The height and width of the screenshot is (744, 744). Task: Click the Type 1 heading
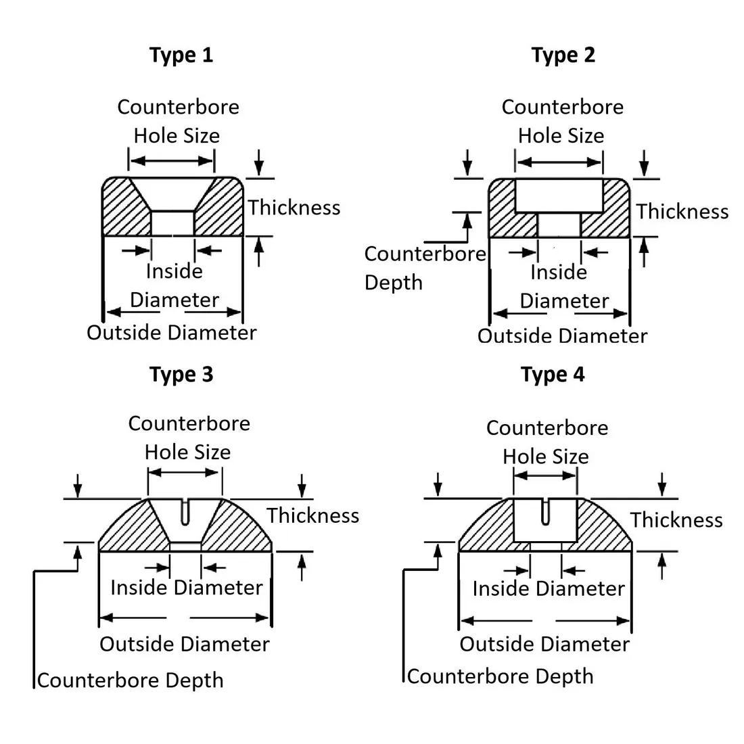pyautogui.click(x=181, y=55)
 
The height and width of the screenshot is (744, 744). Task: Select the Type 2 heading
pyautogui.click(x=563, y=55)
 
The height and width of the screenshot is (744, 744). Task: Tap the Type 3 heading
pyautogui.click(x=181, y=374)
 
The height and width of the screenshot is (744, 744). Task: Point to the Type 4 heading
pyautogui.click(x=553, y=374)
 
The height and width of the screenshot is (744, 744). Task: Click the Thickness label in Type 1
pyautogui.click(x=294, y=208)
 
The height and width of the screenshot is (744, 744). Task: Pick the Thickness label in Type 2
pyautogui.click(x=682, y=212)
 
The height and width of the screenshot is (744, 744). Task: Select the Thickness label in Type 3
pyautogui.click(x=313, y=515)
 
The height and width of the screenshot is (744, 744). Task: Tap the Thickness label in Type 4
pyautogui.click(x=676, y=520)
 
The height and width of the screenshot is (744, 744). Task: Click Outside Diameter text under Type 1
pyautogui.click(x=172, y=333)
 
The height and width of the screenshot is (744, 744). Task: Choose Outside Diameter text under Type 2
pyautogui.click(x=563, y=336)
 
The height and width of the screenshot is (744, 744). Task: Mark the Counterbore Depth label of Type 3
pyautogui.click(x=130, y=680)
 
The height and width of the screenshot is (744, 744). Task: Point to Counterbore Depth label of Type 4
pyautogui.click(x=501, y=676)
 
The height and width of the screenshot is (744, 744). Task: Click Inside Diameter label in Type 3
pyautogui.click(x=186, y=588)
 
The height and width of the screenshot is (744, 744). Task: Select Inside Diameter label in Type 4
pyautogui.click(x=549, y=588)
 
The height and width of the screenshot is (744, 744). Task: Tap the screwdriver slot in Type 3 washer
pyautogui.click(x=185, y=512)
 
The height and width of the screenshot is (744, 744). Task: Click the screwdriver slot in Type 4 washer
pyautogui.click(x=546, y=512)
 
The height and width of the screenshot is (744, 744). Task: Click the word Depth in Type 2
pyautogui.click(x=394, y=283)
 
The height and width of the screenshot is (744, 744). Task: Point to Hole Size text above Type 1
pyautogui.click(x=177, y=136)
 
